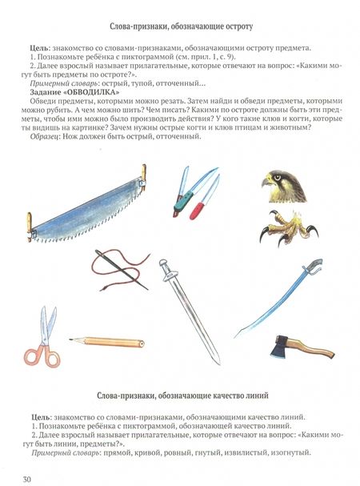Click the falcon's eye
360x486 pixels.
pos(276,178)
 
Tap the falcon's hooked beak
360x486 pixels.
pos(265,182)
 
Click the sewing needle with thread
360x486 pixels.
pos(121,269)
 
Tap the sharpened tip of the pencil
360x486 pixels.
pos(71,339)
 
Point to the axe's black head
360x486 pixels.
pos(280,346)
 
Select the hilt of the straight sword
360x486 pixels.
pos(167,271)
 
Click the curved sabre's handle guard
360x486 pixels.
pos(314,267)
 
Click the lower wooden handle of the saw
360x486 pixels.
pos(30,227)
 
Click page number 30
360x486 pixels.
pos(27,479)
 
